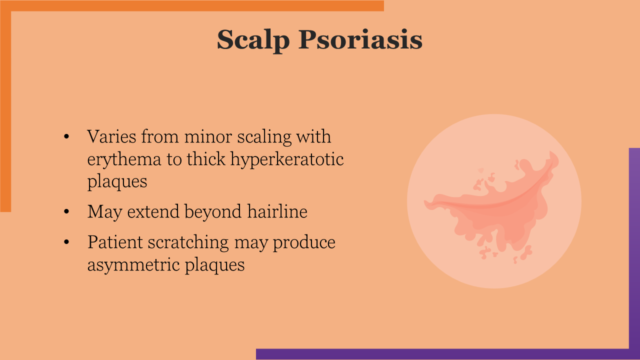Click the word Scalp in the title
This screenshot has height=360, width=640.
253,40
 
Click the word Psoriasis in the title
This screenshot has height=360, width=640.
360,40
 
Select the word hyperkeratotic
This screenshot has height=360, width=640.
287,159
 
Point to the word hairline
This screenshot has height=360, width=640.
277,211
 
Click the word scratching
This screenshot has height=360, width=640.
188,243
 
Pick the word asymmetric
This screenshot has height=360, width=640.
133,265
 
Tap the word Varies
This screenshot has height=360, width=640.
111,136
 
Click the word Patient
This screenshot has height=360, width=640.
115,242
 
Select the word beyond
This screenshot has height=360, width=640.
213,212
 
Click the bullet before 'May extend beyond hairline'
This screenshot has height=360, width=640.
66,212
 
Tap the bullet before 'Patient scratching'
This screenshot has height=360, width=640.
66,242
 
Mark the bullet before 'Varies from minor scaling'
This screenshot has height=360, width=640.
66,136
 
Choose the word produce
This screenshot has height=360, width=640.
304,243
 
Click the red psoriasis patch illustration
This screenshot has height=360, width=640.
491,205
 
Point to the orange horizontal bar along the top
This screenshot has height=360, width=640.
192,5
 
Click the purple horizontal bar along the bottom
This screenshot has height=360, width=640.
448,354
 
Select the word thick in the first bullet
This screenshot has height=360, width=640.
206,159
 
